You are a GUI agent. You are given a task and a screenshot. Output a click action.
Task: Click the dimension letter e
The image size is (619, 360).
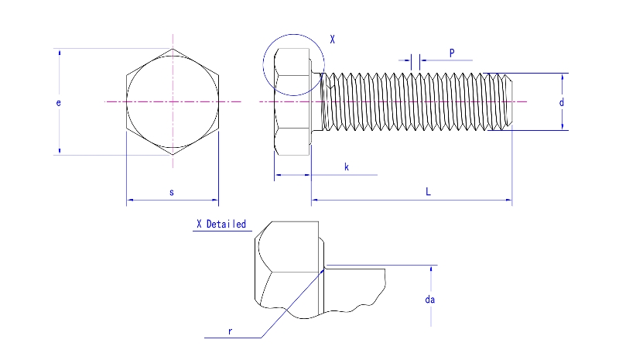coord(59,102)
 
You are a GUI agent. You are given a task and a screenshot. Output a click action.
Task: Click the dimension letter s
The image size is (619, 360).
coord(171,191)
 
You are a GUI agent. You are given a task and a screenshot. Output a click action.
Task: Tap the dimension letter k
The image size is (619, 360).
coord(346,166)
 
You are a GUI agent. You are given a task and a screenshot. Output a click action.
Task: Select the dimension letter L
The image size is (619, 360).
coord(428,191)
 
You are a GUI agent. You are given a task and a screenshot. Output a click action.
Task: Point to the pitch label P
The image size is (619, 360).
coord(451,53)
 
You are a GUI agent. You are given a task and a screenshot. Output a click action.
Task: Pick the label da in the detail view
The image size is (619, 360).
coord(430,300)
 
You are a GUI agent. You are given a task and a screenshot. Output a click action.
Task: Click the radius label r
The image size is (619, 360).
coord(230,331)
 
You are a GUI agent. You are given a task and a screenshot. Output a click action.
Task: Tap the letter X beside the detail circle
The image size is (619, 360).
coord(332,39)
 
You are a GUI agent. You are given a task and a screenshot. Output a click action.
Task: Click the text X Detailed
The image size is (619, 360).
coord(221,225)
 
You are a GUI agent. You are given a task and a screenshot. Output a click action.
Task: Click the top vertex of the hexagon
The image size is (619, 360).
coord(173,48)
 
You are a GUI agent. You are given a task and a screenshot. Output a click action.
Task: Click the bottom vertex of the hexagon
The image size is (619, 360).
coord(173,156)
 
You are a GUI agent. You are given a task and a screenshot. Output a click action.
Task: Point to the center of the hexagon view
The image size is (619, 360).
coord(173,101)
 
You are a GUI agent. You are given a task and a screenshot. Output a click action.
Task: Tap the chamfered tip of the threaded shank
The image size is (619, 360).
coord(508,101)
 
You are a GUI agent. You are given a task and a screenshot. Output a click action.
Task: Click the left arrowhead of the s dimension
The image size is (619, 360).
coord(129,201)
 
